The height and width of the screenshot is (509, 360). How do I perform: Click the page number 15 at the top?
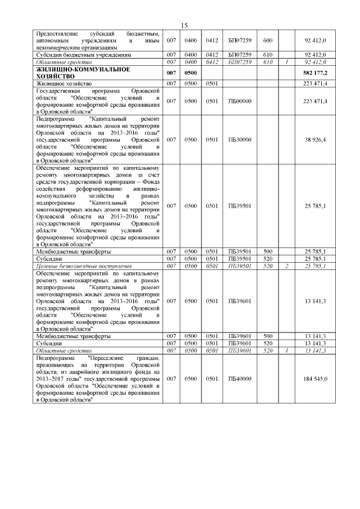(183, 25)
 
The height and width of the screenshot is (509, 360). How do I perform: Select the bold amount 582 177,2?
(316, 73)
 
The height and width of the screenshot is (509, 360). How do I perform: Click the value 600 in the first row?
(267, 40)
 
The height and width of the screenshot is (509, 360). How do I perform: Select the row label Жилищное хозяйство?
(64, 83)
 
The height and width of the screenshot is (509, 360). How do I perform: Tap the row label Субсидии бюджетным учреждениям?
(83, 56)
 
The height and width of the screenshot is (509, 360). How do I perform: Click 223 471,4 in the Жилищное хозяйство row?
(316, 83)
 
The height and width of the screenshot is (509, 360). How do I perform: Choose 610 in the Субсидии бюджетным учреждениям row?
(267, 56)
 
